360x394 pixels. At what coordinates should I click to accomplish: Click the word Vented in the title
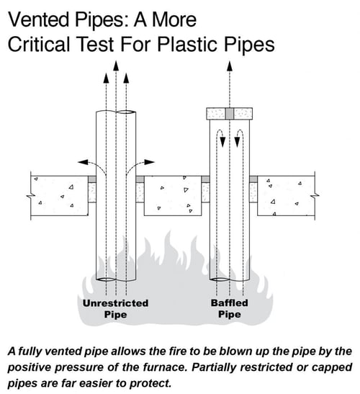click(x=39, y=19)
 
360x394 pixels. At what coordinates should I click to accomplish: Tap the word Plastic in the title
click(x=187, y=45)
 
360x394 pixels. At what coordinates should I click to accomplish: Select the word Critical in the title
click(x=39, y=44)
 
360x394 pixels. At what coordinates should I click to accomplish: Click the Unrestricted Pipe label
click(x=115, y=309)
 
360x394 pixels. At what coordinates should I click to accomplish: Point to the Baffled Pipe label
click(x=230, y=308)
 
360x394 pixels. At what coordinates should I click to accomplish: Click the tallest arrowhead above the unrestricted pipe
click(x=116, y=66)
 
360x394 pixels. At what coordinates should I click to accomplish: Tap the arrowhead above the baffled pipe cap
click(x=230, y=66)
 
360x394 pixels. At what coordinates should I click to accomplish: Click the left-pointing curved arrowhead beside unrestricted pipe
click(x=83, y=162)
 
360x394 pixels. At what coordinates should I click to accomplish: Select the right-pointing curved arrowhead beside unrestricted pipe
click(x=149, y=162)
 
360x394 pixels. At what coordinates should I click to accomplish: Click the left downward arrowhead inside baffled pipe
click(x=222, y=142)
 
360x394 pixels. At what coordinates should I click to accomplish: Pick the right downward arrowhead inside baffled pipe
click(x=237, y=142)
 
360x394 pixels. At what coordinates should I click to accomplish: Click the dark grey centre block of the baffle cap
click(x=230, y=114)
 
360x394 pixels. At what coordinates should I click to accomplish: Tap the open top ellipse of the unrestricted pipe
click(x=127, y=112)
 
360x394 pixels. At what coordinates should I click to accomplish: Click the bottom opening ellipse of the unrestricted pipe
click(x=107, y=279)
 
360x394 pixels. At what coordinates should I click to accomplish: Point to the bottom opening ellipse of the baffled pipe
click(x=220, y=279)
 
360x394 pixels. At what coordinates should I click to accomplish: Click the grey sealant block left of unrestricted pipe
click(x=92, y=179)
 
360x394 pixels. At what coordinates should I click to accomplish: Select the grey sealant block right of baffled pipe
click(x=253, y=179)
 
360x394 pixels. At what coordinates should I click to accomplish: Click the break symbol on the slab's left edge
click(x=31, y=196)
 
